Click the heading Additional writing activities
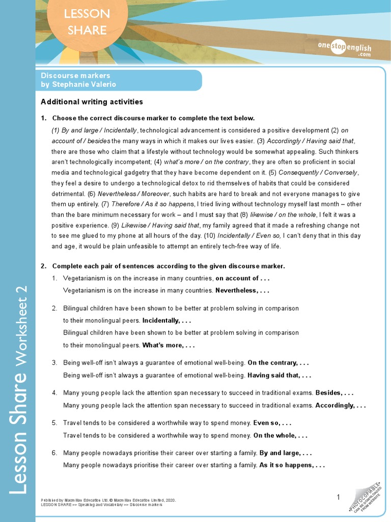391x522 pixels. [92, 102]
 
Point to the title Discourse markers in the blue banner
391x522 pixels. [75, 75]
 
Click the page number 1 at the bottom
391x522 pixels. [338, 497]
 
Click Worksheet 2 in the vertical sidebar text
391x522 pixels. [21, 326]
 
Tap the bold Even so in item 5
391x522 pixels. [268, 423]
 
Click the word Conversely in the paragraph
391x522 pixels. [339, 173]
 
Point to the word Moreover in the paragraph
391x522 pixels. [155, 194]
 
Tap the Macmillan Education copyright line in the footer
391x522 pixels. [108, 500]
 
